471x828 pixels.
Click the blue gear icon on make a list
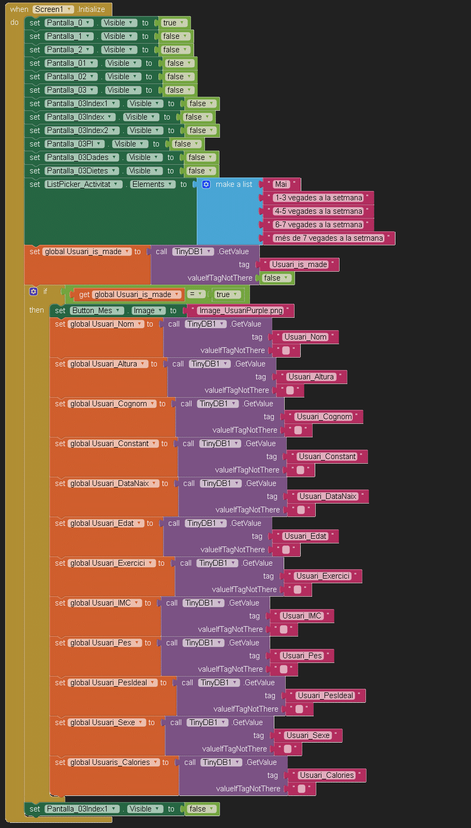tap(206, 184)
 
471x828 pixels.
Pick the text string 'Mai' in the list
tap(281, 184)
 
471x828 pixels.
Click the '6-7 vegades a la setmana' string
tap(318, 225)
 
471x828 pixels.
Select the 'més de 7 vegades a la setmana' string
tap(329, 238)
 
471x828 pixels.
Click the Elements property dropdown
tap(153, 184)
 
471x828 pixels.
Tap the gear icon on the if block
tap(34, 291)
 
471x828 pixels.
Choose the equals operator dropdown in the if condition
tap(196, 294)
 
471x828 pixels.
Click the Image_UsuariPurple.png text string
tap(241, 310)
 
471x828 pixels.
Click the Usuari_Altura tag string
tap(311, 377)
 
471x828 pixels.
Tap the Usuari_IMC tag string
tap(302, 616)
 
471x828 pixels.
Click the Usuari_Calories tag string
tap(327, 775)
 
